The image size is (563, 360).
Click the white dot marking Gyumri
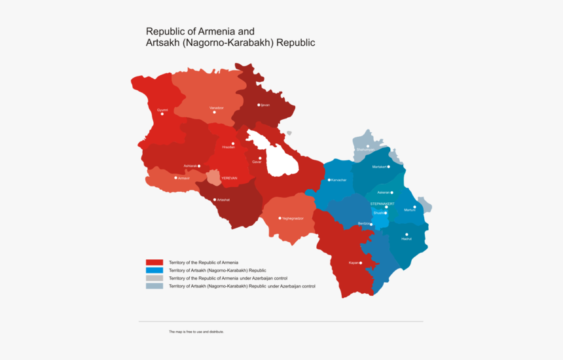point(162,114)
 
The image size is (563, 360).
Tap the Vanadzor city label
point(217,107)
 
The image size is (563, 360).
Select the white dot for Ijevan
point(259,105)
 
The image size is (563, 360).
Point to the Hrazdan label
point(228,147)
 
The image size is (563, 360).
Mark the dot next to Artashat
point(214,200)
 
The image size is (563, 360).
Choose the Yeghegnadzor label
point(293,218)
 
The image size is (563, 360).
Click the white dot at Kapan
point(361,262)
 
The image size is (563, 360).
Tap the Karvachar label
point(338,180)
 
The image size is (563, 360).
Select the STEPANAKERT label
point(382,204)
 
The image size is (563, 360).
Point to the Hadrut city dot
point(407,234)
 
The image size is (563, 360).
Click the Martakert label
point(380,167)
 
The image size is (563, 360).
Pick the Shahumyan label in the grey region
point(365,150)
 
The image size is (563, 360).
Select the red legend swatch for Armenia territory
point(154,262)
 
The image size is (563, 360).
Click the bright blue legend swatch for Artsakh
point(154,270)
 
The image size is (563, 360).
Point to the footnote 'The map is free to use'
point(196,332)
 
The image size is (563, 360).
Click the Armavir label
point(184,178)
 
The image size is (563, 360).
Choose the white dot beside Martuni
point(414,207)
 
